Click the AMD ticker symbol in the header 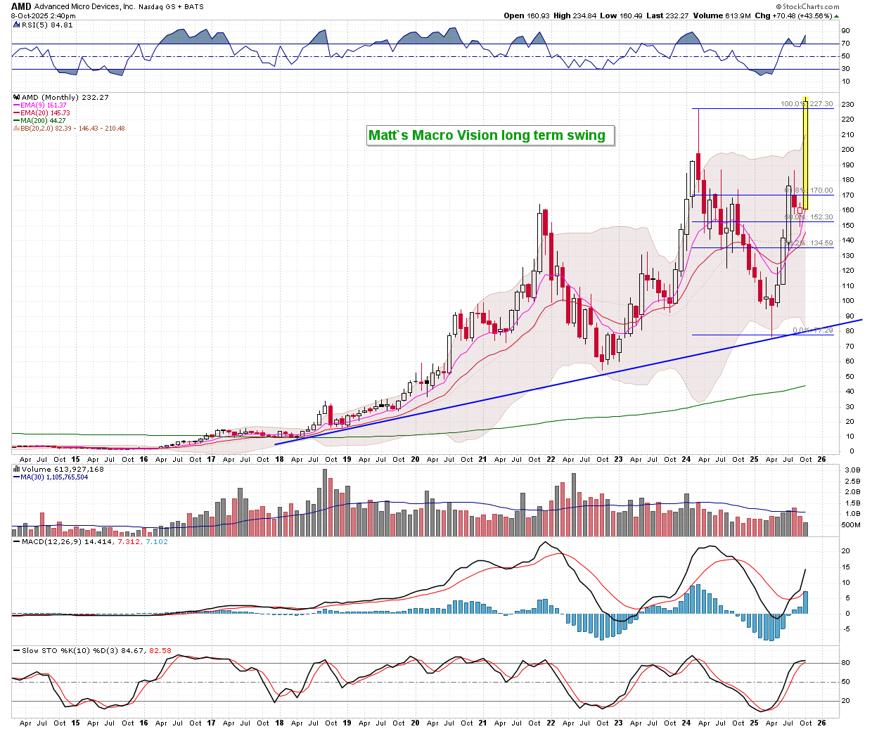coord(21,6)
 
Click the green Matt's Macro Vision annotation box coord(490,135)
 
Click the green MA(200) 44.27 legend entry coord(43,121)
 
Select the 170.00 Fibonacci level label coord(820,191)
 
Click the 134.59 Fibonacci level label coord(820,243)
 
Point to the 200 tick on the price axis coord(849,150)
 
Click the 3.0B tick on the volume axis coord(852,470)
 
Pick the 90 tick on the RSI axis coord(845,31)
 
